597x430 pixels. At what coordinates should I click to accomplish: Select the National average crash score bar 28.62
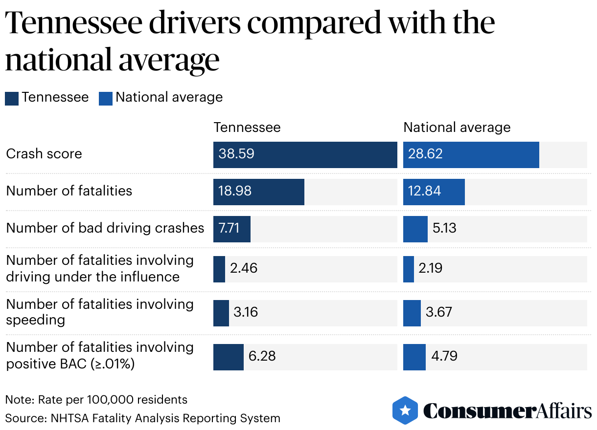pos(471,154)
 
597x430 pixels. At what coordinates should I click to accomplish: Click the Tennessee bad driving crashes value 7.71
pos(229,228)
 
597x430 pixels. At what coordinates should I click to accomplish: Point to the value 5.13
pos(444,228)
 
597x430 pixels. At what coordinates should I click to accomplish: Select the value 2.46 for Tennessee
pos(244,268)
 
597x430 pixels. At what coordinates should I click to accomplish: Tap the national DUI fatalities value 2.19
pos(431,268)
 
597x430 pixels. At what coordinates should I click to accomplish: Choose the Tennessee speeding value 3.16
pos(246,312)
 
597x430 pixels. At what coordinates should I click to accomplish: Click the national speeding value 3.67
pos(439,312)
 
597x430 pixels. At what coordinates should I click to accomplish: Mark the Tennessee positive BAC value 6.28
pos(262,356)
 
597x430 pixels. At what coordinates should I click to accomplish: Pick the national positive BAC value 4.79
pos(444,356)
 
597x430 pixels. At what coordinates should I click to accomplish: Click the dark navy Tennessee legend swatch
pos(12,98)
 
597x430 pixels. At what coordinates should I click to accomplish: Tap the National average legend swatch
pos(106,98)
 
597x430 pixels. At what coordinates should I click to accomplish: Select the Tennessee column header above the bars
pos(247,128)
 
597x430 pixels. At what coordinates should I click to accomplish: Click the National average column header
pos(457,128)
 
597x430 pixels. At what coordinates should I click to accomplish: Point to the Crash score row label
pos(44,154)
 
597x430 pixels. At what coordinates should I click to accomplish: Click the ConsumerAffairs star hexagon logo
pos(405,410)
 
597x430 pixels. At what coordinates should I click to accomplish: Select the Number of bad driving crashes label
pos(105,228)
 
